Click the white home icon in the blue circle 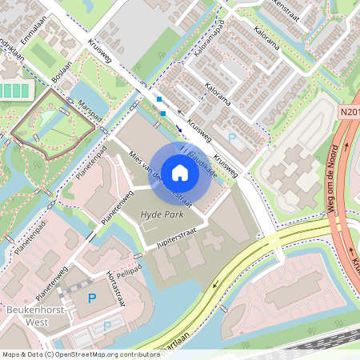(180, 172)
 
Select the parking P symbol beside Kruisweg (232, 138)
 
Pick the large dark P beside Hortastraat (91, 299)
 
